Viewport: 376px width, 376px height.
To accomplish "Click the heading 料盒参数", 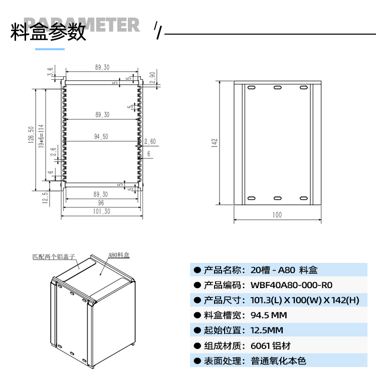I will [49, 32].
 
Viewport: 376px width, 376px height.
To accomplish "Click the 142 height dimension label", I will [214, 143].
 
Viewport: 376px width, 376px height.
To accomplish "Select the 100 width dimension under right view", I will [277, 215].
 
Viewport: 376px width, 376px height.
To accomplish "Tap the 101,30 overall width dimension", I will [101, 212].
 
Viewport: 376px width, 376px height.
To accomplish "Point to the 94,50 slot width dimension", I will [101, 137].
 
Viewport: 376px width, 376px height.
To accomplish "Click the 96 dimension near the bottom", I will [101, 203].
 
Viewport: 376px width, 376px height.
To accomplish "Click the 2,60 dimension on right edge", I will [149, 142].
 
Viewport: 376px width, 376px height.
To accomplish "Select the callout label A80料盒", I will [119, 255].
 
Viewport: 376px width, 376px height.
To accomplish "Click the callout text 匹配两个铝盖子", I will [53, 257].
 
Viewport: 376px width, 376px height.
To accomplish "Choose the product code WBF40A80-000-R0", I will [291, 285].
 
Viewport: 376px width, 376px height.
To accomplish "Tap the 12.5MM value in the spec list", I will [267, 330].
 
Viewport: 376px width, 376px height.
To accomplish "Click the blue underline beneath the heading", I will [50, 49].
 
